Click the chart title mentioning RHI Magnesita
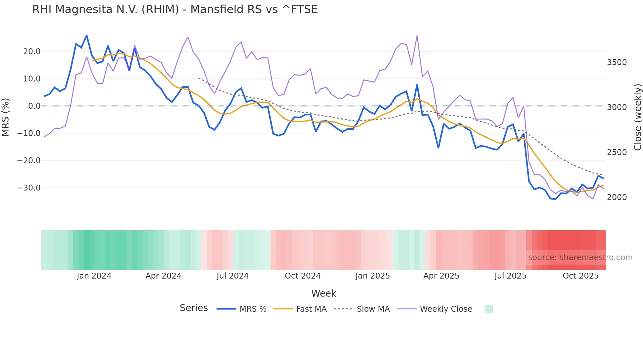click(175, 10)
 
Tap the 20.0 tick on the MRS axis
click(32, 52)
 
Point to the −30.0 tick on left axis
click(29, 188)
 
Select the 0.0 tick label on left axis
click(34, 106)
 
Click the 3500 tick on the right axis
click(617, 62)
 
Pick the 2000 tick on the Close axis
click(617, 197)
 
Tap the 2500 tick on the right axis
click(617, 152)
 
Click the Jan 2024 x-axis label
click(94, 276)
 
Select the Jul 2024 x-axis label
click(233, 276)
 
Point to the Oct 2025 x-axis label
click(580, 276)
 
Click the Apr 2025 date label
click(441, 276)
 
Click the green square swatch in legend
click(488, 309)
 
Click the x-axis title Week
click(323, 293)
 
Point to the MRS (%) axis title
click(6, 117)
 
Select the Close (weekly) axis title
click(637, 117)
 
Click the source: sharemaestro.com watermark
click(580, 258)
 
